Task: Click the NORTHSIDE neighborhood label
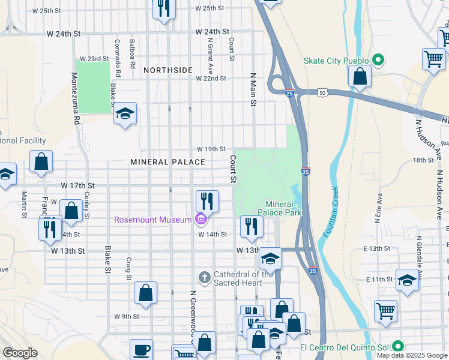click(x=168, y=70)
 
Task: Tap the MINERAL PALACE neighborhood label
click(x=168, y=163)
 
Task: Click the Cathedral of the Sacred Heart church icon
click(x=204, y=277)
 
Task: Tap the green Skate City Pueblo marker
click(x=378, y=60)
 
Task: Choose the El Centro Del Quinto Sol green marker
click(x=397, y=347)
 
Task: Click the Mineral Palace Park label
click(x=279, y=208)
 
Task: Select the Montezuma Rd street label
click(x=76, y=99)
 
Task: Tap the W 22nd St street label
click(x=211, y=79)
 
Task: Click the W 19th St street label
click(x=211, y=149)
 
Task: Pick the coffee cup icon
click(x=141, y=350)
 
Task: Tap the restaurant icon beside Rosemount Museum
click(x=207, y=200)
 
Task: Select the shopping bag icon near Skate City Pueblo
click(x=360, y=77)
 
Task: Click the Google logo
click(x=20, y=353)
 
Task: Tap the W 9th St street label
click(x=127, y=316)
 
